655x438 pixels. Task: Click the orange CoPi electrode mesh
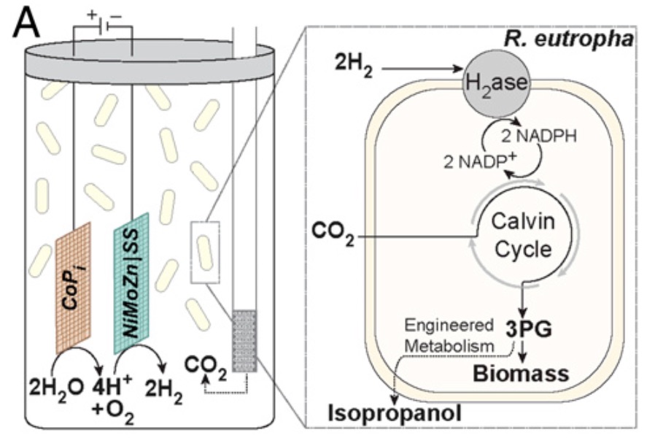[x=73, y=288]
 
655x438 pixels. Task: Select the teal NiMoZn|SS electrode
[x=131, y=283]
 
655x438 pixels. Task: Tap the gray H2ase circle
[x=496, y=84]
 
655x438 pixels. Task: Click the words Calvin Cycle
[x=522, y=235]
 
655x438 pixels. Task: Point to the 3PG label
[x=529, y=329]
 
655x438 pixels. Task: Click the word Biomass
[x=521, y=373]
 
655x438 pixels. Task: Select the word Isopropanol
[x=395, y=413]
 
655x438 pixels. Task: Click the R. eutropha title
[x=568, y=39]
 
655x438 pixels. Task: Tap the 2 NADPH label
[x=539, y=137]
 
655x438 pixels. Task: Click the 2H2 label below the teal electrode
[x=163, y=391]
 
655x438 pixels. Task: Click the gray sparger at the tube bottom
[x=244, y=341]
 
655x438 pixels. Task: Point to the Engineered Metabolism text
[x=449, y=336]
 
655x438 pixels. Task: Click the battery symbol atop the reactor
[x=103, y=26]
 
